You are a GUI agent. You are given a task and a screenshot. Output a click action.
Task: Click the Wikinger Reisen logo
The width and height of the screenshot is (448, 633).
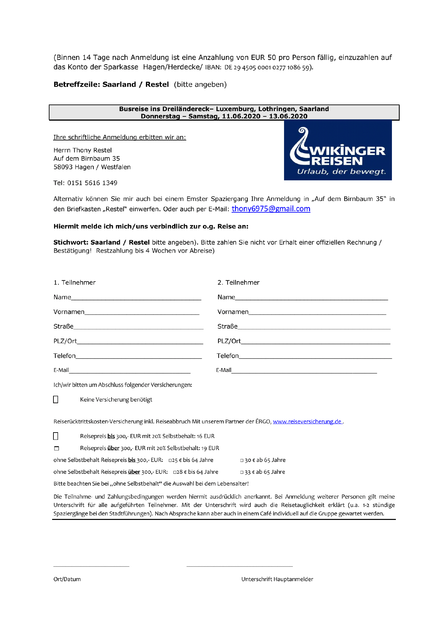pos(337,150)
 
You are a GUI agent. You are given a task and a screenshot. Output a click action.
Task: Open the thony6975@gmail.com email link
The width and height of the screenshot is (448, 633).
pos(271,209)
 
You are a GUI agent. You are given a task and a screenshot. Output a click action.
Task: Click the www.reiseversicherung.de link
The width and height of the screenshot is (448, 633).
pos(307,421)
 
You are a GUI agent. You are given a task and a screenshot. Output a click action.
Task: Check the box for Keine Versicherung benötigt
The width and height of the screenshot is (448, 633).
pos(56,400)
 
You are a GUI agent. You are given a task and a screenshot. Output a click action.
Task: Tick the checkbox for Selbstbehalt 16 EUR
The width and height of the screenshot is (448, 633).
pos(56,436)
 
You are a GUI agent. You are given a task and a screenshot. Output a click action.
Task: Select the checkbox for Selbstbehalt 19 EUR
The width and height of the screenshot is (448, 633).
pos(56,448)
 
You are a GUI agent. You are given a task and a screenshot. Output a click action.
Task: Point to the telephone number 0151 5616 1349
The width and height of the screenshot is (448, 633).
pos(92,183)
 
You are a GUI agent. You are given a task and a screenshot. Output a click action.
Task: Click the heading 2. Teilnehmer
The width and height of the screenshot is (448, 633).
pos(238,283)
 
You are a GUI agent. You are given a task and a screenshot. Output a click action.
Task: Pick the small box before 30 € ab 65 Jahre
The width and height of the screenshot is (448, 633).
pos(242,460)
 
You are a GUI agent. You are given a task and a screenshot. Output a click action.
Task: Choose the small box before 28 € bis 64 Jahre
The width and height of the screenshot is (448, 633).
pos(175,472)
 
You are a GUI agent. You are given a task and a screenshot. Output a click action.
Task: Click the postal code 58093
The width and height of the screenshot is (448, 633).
pos(63,167)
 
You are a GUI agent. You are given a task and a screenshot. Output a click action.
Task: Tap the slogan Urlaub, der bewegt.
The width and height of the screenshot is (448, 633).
pos(341,171)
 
